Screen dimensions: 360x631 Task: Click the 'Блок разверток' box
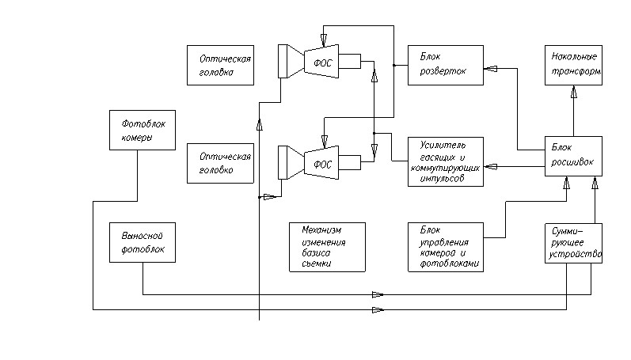coord(446,66)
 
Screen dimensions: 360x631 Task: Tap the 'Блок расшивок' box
coord(573,156)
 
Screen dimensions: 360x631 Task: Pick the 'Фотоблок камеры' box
coord(142,131)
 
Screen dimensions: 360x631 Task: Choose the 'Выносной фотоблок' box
coord(142,242)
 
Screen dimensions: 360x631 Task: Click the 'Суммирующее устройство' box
coord(573,244)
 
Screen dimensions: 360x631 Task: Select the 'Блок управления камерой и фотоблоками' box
coord(446,247)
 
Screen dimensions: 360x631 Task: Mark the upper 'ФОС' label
coord(322,63)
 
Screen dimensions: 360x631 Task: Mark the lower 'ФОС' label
coord(322,165)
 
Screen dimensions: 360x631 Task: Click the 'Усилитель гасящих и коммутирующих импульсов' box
coord(446,161)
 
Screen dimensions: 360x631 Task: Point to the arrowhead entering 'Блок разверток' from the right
coord(491,70)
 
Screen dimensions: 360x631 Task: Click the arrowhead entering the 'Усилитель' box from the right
coord(491,166)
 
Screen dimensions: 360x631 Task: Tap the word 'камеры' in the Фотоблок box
coord(136,138)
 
